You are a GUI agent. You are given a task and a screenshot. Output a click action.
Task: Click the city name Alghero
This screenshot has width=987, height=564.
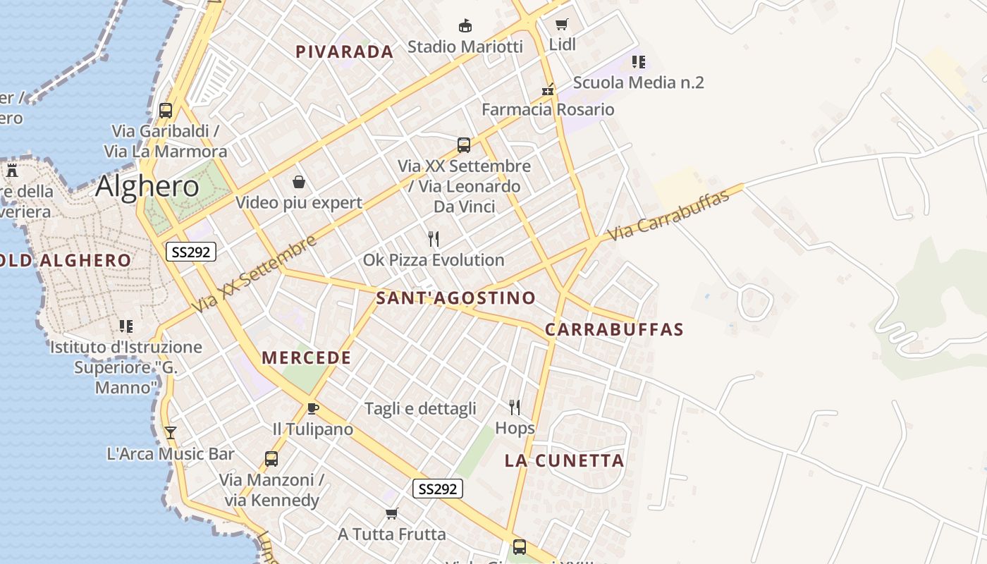click(x=147, y=186)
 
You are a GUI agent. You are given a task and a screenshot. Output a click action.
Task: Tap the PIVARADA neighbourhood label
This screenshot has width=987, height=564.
click(x=344, y=51)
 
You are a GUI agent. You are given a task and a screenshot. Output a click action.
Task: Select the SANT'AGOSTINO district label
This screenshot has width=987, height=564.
click(x=455, y=298)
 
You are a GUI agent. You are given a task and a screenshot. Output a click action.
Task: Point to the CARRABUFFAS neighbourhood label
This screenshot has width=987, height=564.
click(x=614, y=329)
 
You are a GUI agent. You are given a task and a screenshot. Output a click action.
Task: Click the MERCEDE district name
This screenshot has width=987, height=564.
click(x=306, y=357)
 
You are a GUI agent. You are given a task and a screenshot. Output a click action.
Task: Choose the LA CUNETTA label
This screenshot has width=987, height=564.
click(x=564, y=461)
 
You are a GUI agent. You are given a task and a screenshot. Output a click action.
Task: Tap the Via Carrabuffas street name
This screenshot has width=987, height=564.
click(x=668, y=216)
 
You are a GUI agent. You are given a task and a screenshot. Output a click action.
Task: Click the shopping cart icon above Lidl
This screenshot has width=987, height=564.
click(x=562, y=25)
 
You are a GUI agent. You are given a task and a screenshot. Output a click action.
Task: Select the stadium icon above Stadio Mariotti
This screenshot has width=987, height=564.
click(x=465, y=26)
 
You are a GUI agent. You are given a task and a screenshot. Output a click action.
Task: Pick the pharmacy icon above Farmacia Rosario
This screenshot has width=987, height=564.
click(x=548, y=90)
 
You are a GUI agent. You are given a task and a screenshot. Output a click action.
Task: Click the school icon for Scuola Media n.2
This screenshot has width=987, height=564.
click(x=638, y=62)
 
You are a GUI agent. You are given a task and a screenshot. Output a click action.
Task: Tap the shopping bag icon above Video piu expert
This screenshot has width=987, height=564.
click(x=299, y=183)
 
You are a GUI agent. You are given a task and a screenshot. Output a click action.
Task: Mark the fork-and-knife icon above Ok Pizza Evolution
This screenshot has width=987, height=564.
click(x=434, y=239)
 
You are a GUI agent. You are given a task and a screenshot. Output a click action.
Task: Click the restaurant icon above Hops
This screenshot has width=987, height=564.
click(x=515, y=407)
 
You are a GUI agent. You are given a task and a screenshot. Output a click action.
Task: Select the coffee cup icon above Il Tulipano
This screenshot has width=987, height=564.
click(x=313, y=408)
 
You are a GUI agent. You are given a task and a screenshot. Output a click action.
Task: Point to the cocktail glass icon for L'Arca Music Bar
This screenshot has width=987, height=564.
click(x=170, y=432)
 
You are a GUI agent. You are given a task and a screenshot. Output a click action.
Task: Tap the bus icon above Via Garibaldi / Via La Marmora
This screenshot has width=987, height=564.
click(x=166, y=110)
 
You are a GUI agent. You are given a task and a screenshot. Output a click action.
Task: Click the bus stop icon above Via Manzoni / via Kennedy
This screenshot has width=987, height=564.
click(x=271, y=459)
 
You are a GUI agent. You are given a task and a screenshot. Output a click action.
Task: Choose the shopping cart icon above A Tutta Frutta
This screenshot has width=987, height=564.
click(x=392, y=513)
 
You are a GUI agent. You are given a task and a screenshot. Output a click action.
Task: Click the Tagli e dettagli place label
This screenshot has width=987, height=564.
click(x=420, y=408)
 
